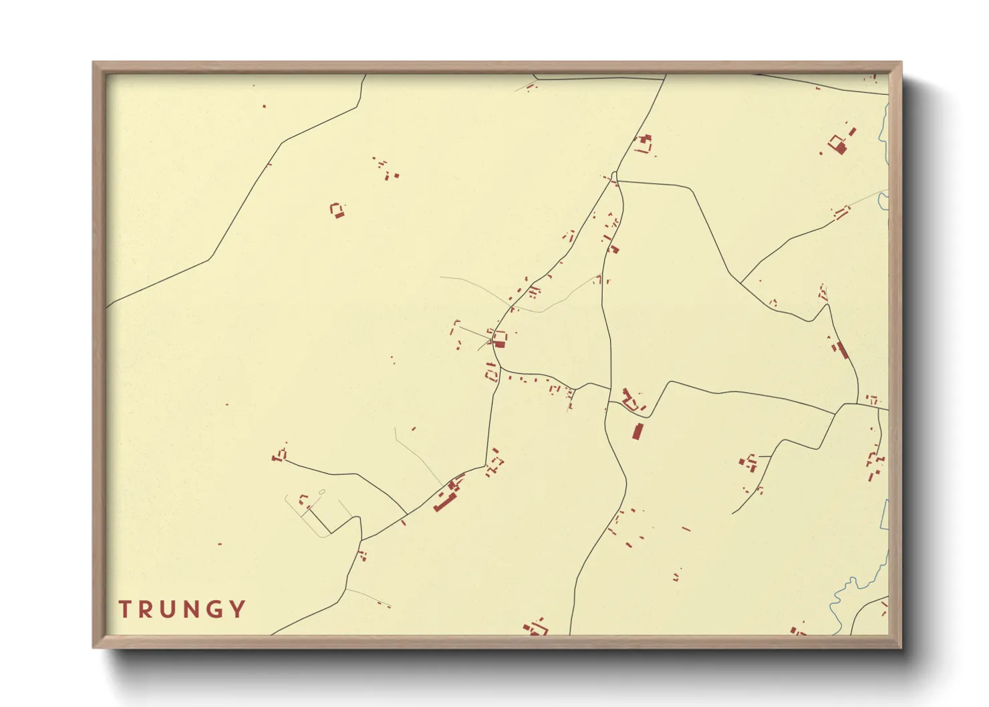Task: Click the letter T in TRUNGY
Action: (125, 609)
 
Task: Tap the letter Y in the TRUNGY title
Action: (237, 609)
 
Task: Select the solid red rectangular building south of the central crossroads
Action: (638, 431)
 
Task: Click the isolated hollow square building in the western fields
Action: (337, 210)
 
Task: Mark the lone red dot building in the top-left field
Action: (264, 106)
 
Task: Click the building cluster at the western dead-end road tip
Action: (279, 456)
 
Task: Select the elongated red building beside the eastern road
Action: (842, 349)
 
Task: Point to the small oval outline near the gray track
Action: (322, 492)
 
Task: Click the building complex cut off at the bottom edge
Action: (536, 629)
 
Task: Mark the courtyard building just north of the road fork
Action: (644, 143)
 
